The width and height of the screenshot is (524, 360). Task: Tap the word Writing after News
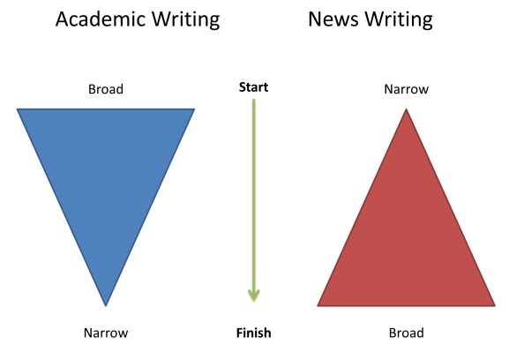coord(399,20)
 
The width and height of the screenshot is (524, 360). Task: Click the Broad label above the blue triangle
coord(106,89)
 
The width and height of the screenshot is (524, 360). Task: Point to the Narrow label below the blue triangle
coord(106,333)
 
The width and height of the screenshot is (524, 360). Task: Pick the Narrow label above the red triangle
coord(406,89)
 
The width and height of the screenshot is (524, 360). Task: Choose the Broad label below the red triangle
coord(407,333)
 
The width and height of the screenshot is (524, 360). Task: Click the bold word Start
coord(253,87)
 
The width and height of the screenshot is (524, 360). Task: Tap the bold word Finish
coord(254,333)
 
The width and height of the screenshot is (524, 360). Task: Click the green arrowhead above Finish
coord(254,295)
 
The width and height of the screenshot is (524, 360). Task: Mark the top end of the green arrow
coord(254,100)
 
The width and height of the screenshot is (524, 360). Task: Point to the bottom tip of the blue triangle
coord(106,306)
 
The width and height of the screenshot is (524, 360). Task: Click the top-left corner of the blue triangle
coord(17,109)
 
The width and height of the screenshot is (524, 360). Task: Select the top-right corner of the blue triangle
coord(194,109)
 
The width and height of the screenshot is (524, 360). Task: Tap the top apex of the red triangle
coord(406,109)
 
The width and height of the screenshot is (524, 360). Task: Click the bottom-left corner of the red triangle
coord(318,305)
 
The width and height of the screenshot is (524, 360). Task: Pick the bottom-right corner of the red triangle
coord(495,305)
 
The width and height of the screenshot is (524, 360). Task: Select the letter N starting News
coord(315,19)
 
